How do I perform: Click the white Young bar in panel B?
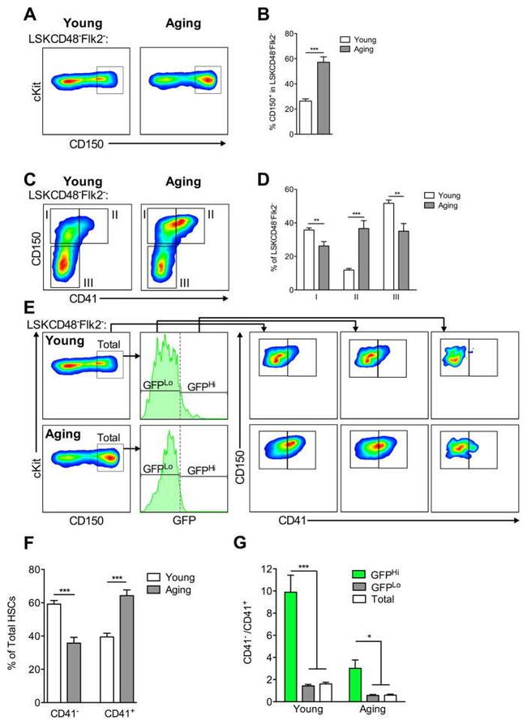click(306, 118)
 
